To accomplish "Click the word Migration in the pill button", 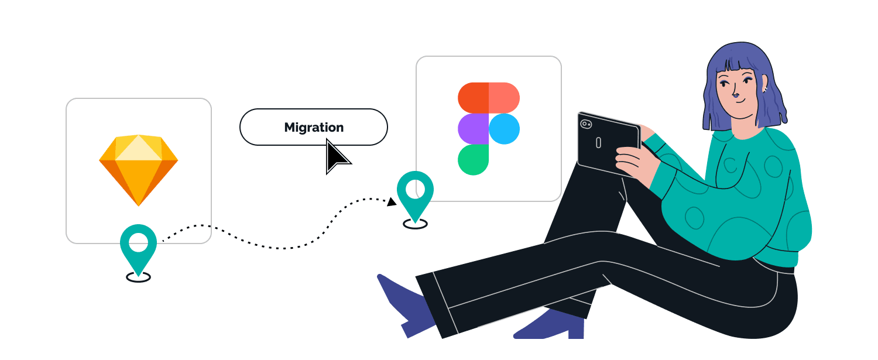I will pos(314,127).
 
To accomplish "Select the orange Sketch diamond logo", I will pos(139,170).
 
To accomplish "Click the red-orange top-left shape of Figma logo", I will pos(473,98).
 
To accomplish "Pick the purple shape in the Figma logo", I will pos(473,129).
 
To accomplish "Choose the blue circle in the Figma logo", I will pos(504,129).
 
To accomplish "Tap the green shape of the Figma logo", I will pos(473,160).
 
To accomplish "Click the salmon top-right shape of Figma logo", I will pos(504,98).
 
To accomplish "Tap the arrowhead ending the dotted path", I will pos(392,202).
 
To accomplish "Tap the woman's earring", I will pos(764,90).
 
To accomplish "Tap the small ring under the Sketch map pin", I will pos(138,277).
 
